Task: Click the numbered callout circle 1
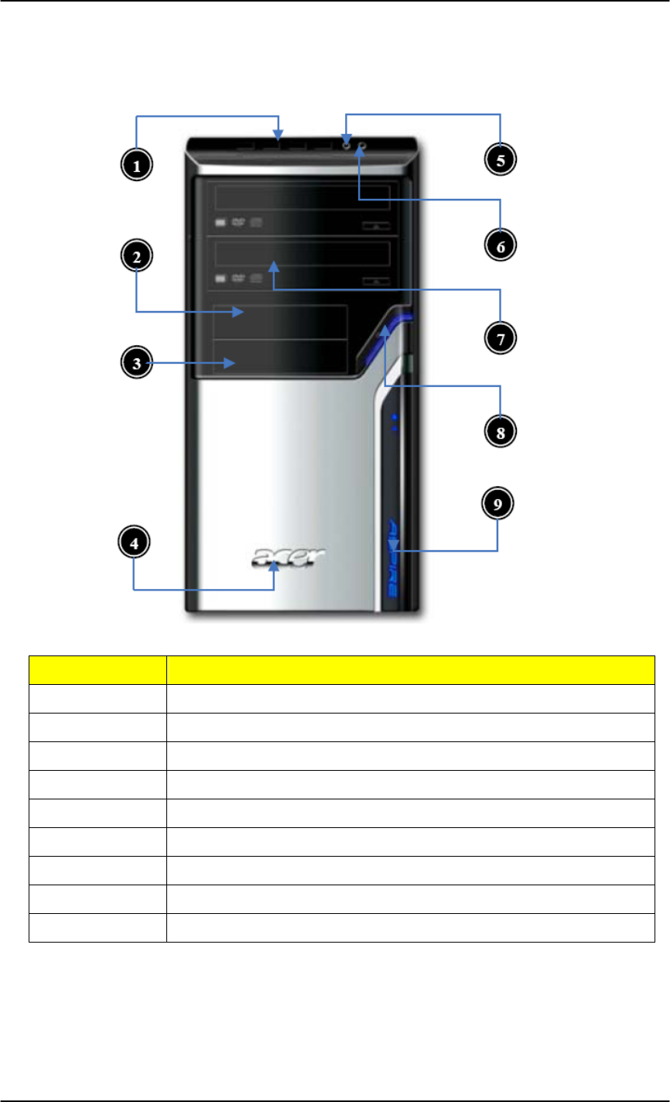[135, 165]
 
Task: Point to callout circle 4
[134, 544]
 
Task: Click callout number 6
[500, 244]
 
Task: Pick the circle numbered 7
[500, 337]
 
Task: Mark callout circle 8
[500, 431]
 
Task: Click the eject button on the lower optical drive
[374, 279]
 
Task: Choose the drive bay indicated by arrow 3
[280, 357]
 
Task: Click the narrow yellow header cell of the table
[97, 669]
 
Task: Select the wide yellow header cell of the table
[411, 669]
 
